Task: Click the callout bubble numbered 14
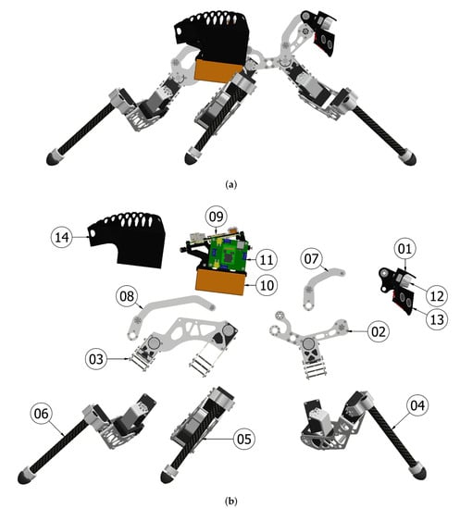pyautogui.click(x=62, y=237)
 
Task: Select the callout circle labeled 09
pyautogui.click(x=217, y=217)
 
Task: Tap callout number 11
pyautogui.click(x=267, y=260)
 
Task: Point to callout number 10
pyautogui.click(x=267, y=285)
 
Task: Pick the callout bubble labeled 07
pyautogui.click(x=312, y=259)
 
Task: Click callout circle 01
pyautogui.click(x=404, y=249)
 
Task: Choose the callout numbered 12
pyautogui.click(x=437, y=296)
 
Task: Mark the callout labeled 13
pyautogui.click(x=437, y=319)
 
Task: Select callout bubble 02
pyautogui.click(x=379, y=331)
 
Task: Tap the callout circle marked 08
pyautogui.click(x=127, y=296)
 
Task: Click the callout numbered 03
pyautogui.click(x=96, y=359)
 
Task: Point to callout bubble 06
pyautogui.click(x=42, y=414)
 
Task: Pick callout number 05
pyautogui.click(x=244, y=440)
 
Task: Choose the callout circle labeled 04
pyautogui.click(x=417, y=405)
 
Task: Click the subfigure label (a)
pyautogui.click(x=230, y=185)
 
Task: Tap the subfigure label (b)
pyautogui.click(x=230, y=501)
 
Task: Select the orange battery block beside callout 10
pyautogui.click(x=220, y=281)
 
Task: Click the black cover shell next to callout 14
pyautogui.click(x=129, y=240)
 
